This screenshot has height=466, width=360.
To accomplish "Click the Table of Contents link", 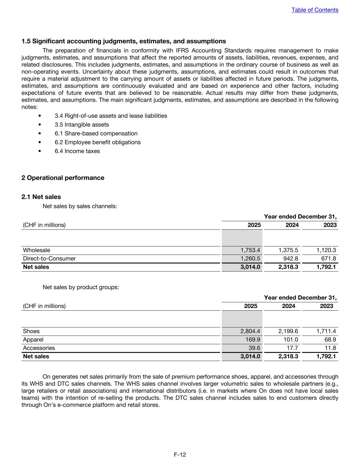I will (315, 10).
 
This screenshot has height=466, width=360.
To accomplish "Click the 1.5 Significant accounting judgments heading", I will (124, 41).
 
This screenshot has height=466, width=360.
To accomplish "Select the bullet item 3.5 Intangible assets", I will (82, 125).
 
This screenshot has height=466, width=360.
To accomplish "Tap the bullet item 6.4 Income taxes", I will (77, 151).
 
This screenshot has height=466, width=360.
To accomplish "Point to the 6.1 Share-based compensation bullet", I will (96, 133).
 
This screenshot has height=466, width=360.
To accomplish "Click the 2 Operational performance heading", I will (63, 178).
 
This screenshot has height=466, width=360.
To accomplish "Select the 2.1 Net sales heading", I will (41, 197).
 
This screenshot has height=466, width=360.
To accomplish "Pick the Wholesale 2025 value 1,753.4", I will (250, 250).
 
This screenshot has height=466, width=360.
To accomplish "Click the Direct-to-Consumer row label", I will (49, 258).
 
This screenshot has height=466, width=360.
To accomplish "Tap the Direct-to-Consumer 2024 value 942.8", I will (290, 258).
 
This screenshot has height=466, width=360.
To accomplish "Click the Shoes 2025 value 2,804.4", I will (250, 331).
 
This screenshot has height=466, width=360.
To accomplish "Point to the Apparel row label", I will (33, 340).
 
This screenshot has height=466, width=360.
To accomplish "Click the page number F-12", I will (180, 454).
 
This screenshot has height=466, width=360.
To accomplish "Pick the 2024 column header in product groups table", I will (288, 306).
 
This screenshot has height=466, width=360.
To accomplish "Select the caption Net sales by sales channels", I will (80, 206).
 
